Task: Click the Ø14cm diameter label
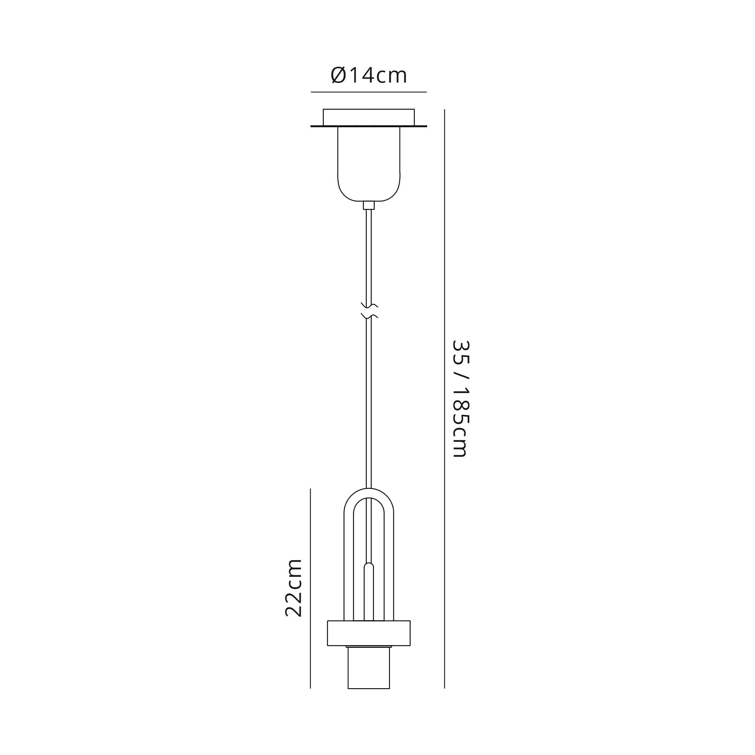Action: pyautogui.click(x=368, y=75)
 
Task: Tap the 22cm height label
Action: pyautogui.click(x=293, y=588)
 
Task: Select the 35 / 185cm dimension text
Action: pyautogui.click(x=460, y=398)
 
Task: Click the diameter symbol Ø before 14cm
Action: pyautogui.click(x=338, y=75)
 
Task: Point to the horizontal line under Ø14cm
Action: pyautogui.click(x=368, y=92)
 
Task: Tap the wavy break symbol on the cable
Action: pyautogui.click(x=369, y=311)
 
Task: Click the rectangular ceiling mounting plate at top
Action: pyautogui.click(x=368, y=117)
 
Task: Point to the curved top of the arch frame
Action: pyautogui.click(x=368, y=493)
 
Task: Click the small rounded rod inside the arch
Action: pyautogui.click(x=368, y=590)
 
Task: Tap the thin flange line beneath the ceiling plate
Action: pyautogui.click(x=368, y=126)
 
